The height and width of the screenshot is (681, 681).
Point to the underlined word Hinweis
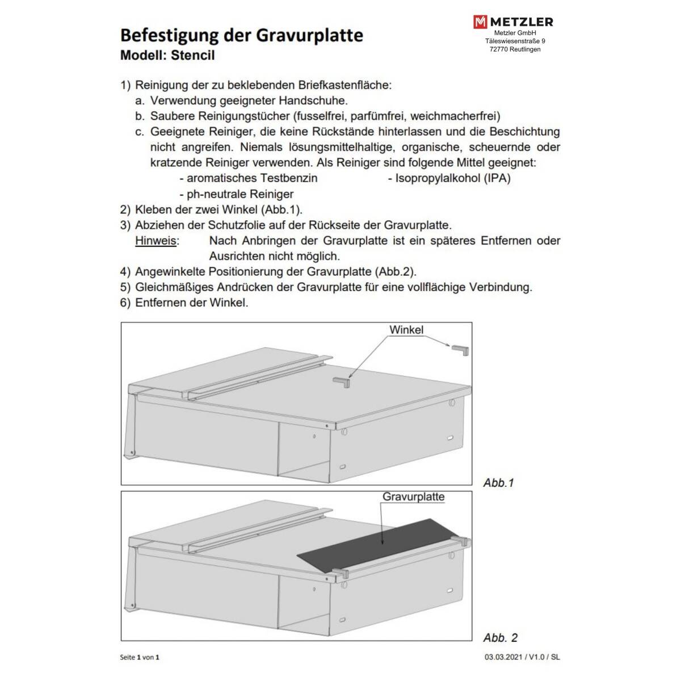156,241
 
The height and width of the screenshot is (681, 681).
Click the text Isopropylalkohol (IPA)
449,178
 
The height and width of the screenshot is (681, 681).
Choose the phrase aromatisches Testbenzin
252,178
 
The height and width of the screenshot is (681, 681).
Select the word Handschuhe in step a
315,101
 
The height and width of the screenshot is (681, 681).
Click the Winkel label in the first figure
406,330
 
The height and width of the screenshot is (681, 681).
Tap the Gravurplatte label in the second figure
414,497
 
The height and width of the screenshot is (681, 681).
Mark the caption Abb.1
498,483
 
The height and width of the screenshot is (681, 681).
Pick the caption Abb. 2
501,638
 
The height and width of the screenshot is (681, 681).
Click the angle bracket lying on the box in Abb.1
342,382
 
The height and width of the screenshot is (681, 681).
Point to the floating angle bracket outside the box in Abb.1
461,349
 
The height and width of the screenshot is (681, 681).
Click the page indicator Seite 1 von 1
140,657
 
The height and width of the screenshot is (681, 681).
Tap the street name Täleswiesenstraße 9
515,41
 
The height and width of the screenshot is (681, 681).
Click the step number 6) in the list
125,302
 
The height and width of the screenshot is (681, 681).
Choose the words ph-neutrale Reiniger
240,194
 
